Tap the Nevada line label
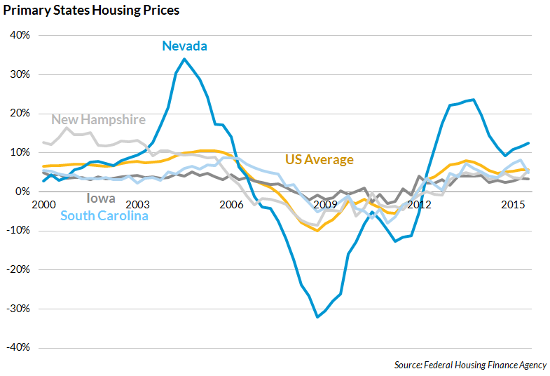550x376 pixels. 184,46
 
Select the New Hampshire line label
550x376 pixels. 99,119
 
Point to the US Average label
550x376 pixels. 319,160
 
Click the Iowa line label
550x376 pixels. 101,199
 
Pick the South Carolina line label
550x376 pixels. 104,215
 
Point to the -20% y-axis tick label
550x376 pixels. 17,269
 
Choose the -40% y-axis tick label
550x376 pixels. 17,347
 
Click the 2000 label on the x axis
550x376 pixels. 43,204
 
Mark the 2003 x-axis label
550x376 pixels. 137,204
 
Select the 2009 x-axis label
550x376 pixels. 325,204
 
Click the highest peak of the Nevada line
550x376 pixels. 184,59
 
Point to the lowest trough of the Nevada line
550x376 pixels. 317,317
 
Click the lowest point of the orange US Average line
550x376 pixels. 317,230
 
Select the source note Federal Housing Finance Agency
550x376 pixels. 470,365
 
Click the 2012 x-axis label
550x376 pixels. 419,204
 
